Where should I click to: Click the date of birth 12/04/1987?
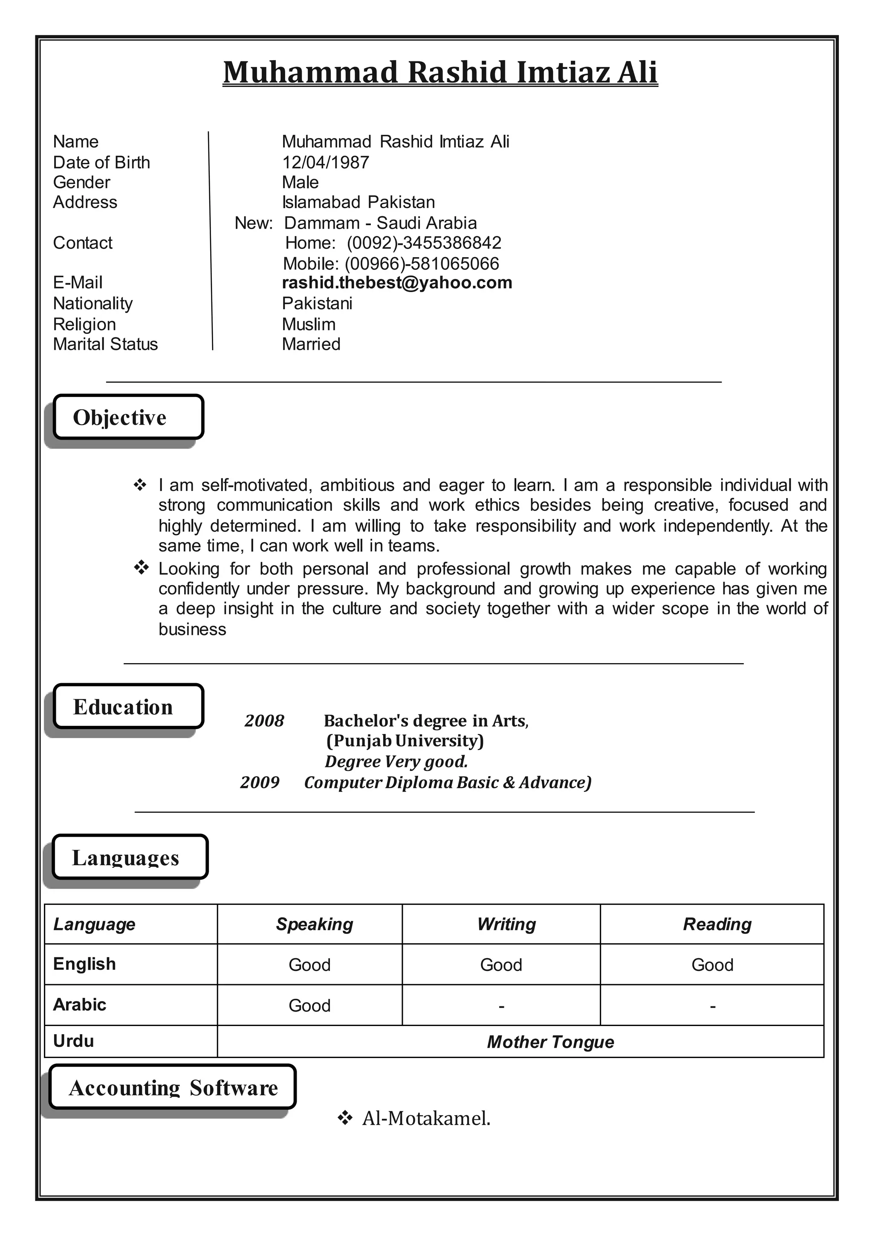(325, 162)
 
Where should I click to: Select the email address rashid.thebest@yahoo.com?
(397, 283)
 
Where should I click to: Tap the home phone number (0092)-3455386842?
(424, 243)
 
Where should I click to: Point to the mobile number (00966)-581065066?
(422, 264)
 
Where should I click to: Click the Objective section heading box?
(128, 417)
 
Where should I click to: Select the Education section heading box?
(128, 707)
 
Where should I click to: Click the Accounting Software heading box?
(173, 1087)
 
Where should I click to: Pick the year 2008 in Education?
(264, 721)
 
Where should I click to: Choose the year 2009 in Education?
(260, 782)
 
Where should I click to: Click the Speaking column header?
(315, 924)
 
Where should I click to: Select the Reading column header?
(717, 924)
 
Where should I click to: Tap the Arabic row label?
(80, 1004)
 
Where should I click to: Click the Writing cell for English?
(501, 965)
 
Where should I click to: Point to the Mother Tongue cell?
(550, 1042)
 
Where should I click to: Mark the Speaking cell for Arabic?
(309, 1005)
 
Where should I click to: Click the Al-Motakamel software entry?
(426, 1118)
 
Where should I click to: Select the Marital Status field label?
(105, 344)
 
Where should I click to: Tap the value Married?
(311, 344)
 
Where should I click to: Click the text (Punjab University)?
(405, 741)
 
